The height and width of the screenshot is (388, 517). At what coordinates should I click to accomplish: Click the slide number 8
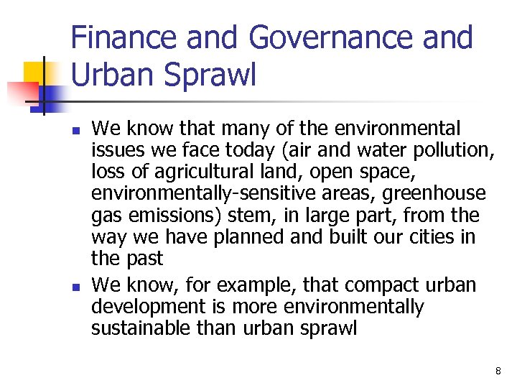[498, 371]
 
